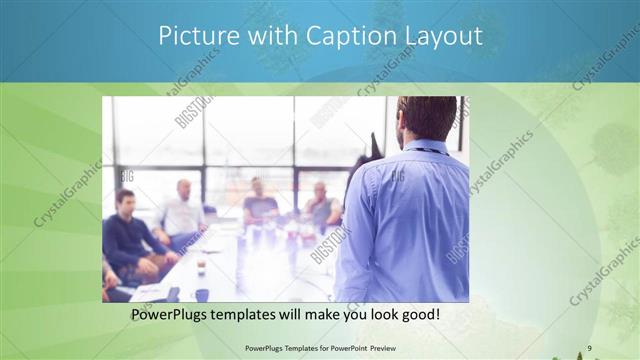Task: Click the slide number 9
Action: [589, 348]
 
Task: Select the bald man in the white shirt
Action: [182, 212]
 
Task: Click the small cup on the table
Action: [201, 266]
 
